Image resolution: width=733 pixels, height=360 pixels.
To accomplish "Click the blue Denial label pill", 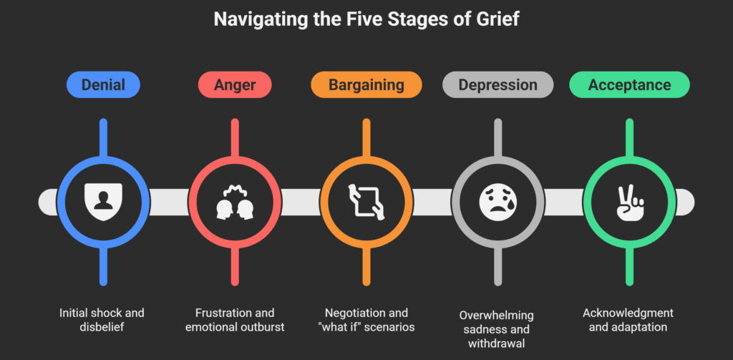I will (x=103, y=85).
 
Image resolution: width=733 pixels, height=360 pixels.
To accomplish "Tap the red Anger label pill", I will (x=235, y=85).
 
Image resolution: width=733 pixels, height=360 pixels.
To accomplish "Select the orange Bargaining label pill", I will (x=366, y=85).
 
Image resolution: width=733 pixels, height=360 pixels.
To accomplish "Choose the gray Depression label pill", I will (x=497, y=85).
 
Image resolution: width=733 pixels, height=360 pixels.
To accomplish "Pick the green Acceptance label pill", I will (x=629, y=85).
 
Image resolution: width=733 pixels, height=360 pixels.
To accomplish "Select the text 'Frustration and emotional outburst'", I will (x=235, y=320).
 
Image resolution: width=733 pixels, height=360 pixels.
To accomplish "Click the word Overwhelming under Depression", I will (x=497, y=316).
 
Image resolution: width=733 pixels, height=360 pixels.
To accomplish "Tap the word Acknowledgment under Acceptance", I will (x=628, y=313).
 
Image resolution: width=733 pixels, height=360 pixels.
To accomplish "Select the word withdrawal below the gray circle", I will (x=497, y=343).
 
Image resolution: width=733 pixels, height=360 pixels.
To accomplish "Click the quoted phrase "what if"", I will (x=337, y=327).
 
